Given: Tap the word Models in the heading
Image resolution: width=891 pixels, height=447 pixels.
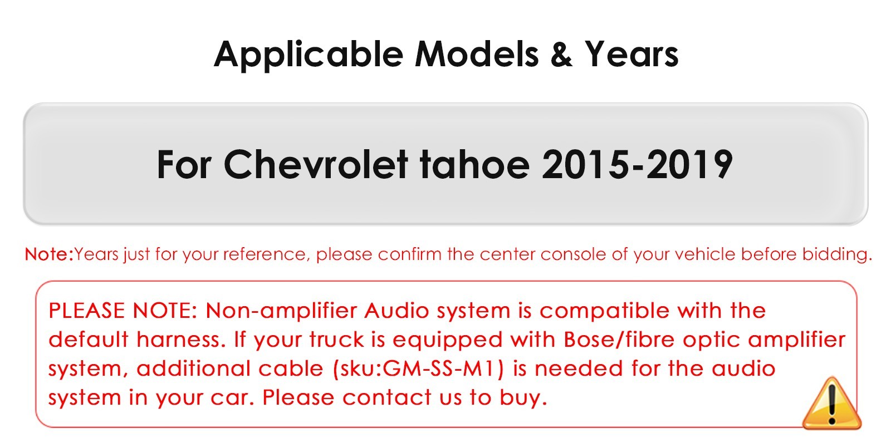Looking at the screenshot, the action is tap(477, 54).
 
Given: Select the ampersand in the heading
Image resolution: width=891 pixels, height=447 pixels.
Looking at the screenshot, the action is tap(561, 54).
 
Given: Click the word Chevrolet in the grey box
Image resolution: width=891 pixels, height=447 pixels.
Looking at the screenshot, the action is tap(316, 164).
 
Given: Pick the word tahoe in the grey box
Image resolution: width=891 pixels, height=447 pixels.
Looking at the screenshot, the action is tap(475, 164).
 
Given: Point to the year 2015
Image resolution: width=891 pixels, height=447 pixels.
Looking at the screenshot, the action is tap(585, 164).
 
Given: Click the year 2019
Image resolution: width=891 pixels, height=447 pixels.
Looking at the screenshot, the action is tap(689, 164).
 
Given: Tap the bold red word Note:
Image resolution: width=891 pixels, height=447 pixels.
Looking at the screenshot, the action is tap(50, 254).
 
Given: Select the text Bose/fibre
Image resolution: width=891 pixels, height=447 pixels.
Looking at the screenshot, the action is tap(619, 340).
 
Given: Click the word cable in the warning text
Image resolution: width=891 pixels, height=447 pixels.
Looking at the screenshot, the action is tap(291, 369).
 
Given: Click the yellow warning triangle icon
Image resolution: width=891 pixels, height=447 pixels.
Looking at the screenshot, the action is tap(832, 404).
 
